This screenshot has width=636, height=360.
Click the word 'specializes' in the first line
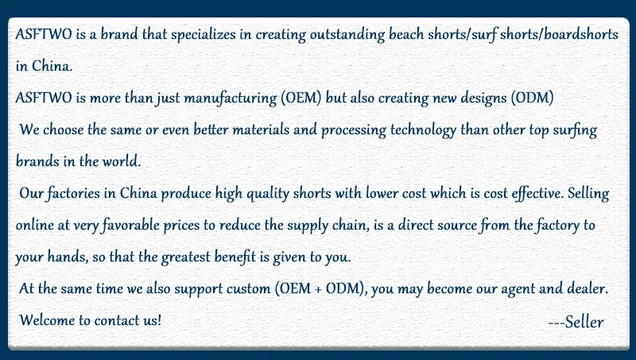pos(203,35)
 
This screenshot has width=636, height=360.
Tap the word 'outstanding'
pos(347,35)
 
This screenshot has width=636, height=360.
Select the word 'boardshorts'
pos(581,34)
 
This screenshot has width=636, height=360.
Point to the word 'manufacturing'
pos(231,99)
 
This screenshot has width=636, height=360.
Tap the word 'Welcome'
pos(47,320)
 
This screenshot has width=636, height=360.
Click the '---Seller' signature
pos(576,322)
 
